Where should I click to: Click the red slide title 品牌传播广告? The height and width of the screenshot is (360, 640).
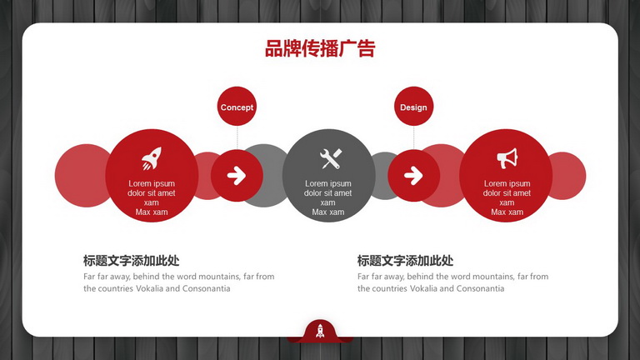tap(320, 48)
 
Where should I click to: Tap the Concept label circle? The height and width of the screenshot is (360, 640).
tap(237, 106)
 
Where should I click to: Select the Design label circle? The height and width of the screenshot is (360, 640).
tap(413, 106)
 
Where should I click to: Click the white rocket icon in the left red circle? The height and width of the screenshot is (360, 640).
tap(152, 158)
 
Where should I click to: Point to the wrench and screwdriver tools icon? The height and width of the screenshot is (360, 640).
tap(331, 158)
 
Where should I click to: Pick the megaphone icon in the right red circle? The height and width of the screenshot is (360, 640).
tap(507, 158)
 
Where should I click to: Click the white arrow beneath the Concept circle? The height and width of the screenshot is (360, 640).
tap(237, 176)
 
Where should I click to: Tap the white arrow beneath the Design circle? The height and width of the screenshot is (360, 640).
tap(413, 176)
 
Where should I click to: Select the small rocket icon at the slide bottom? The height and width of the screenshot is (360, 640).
tap(320, 331)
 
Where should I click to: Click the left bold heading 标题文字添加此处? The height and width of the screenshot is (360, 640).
tap(131, 260)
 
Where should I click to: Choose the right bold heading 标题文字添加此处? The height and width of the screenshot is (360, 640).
tap(405, 260)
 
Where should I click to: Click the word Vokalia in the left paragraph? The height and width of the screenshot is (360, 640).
tap(149, 288)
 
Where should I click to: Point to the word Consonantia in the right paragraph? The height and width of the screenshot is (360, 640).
tap(480, 288)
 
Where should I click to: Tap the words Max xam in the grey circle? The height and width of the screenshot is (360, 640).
tap(328, 212)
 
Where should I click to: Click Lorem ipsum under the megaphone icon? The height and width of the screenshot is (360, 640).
tap(507, 183)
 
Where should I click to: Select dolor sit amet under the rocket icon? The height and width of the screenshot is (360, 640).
tap(152, 193)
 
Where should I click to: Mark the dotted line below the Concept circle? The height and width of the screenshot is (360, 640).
tap(237, 138)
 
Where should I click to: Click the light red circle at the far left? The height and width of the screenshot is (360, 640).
tap(82, 176)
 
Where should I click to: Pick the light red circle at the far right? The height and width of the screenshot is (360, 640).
tap(568, 176)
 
